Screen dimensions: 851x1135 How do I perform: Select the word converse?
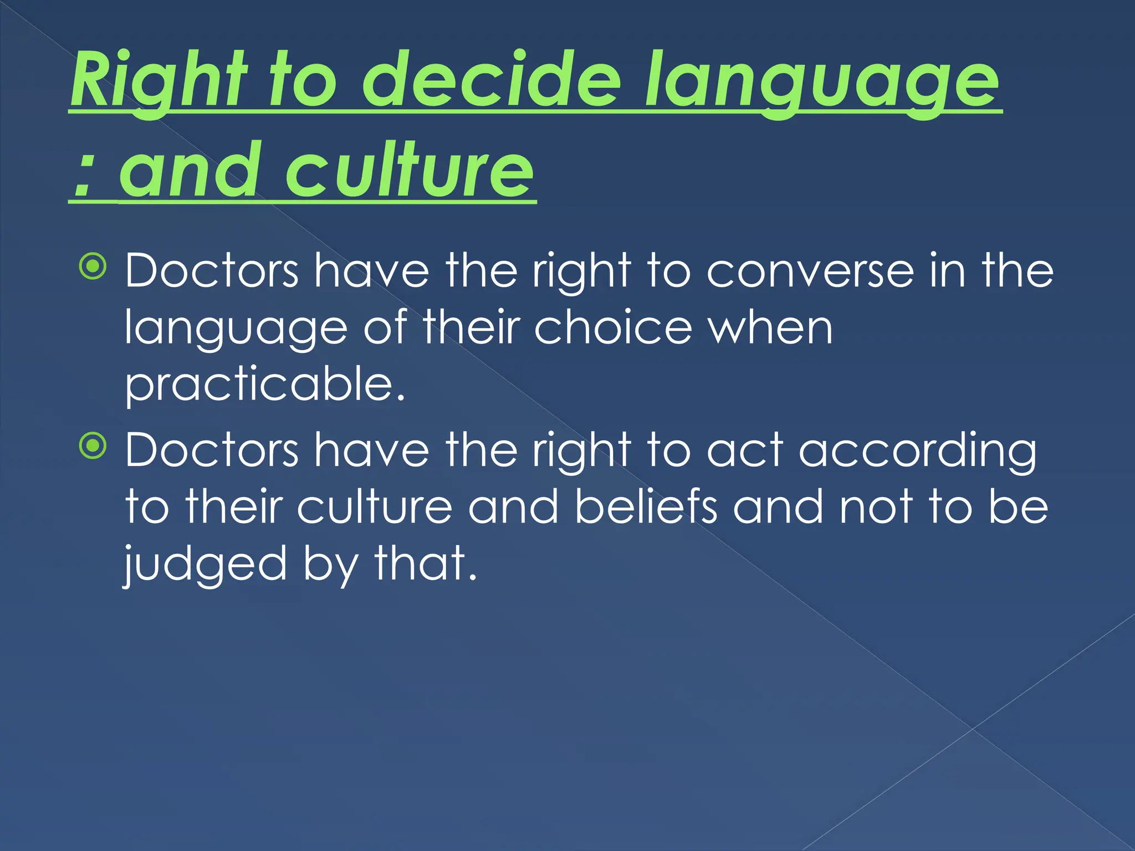point(810,271)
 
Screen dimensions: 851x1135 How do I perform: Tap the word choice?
point(613,328)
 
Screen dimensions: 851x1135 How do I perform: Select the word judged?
point(205,565)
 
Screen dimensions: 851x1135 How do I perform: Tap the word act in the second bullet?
point(745,450)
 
